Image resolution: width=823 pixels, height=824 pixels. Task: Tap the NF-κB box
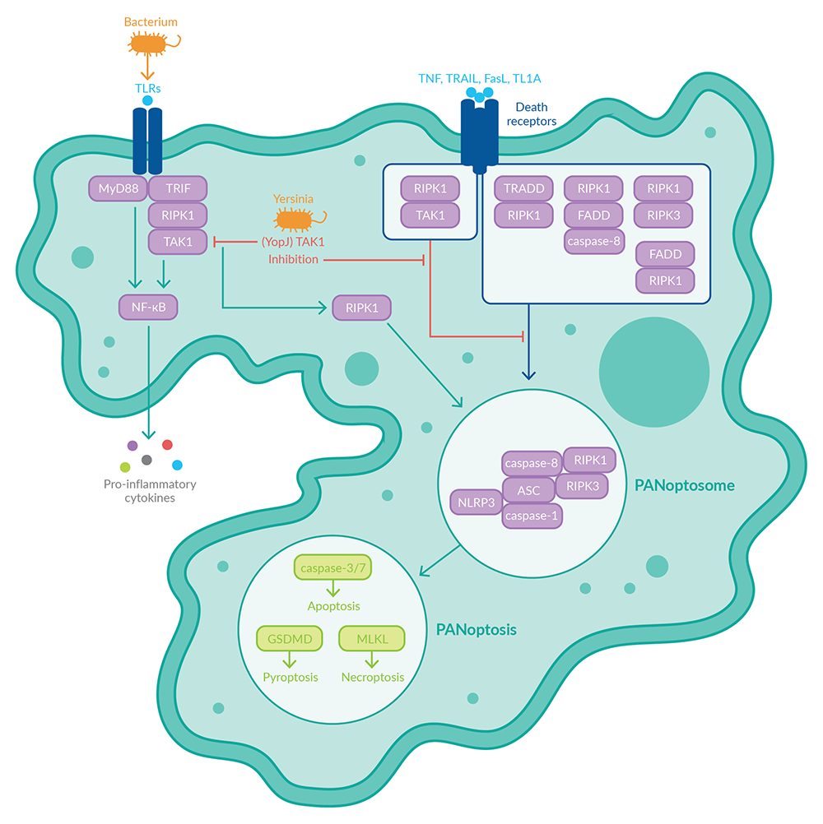pyautogui.click(x=148, y=308)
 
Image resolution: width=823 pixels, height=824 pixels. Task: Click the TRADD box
pyautogui.click(x=523, y=188)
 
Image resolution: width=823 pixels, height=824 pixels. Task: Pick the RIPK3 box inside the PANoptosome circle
pyautogui.click(x=582, y=485)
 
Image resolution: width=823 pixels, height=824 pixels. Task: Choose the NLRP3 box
pyautogui.click(x=476, y=501)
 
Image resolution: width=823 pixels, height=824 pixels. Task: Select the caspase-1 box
pyautogui.click(x=532, y=515)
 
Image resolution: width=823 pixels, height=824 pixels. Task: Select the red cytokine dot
pyautogui.click(x=167, y=445)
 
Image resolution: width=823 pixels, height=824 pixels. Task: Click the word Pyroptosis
pyautogui.click(x=290, y=678)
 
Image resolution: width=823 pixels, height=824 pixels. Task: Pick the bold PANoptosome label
pyautogui.click(x=684, y=486)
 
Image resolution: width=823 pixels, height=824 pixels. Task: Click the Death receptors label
pyautogui.click(x=535, y=114)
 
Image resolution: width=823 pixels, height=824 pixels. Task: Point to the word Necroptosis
pyautogui.click(x=373, y=678)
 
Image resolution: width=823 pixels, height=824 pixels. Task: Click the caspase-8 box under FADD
pyautogui.click(x=593, y=241)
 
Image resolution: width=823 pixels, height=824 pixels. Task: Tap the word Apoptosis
pyautogui.click(x=333, y=606)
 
